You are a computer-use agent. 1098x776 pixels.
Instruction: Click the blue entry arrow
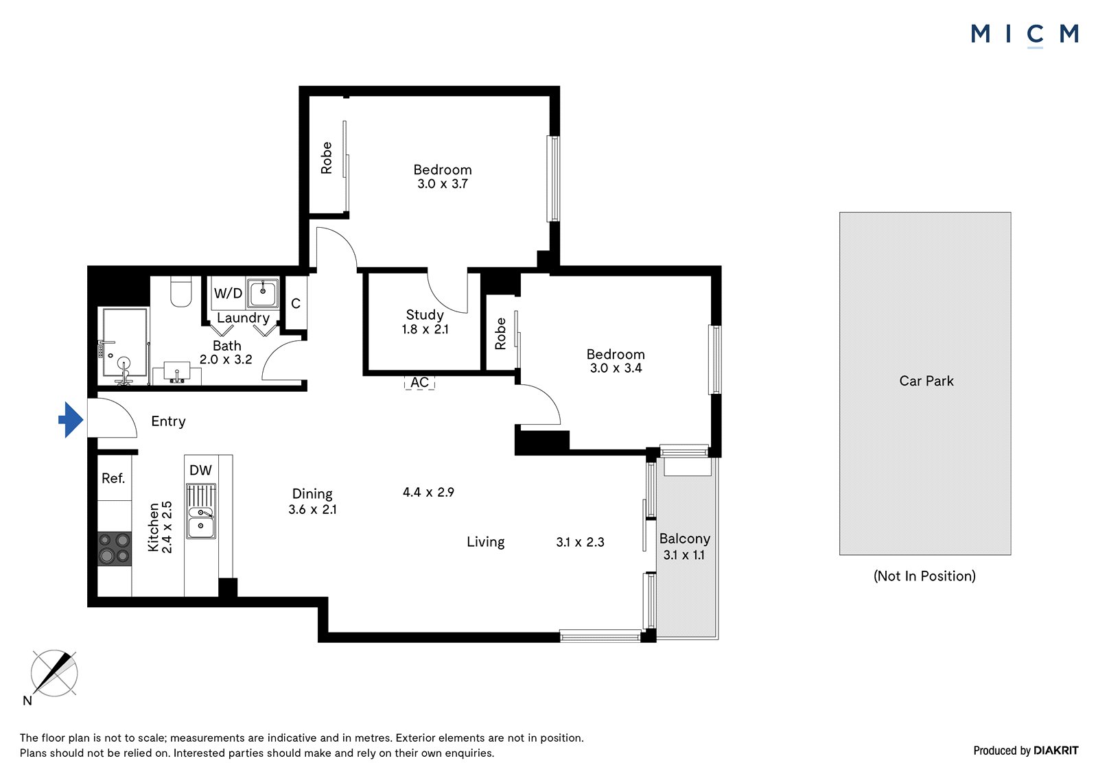(x=71, y=420)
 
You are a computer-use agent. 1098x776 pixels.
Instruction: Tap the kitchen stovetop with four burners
(x=114, y=548)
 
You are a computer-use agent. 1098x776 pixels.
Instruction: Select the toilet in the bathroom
(x=181, y=292)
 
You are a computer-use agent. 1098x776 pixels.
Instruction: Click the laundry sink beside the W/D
(x=263, y=293)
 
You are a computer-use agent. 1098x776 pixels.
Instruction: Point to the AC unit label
(x=419, y=382)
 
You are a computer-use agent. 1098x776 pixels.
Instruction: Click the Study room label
(x=425, y=315)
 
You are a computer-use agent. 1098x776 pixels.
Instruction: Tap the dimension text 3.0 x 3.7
(x=443, y=184)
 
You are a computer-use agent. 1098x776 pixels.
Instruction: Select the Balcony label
(x=685, y=539)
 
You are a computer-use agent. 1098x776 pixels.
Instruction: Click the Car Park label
(x=926, y=381)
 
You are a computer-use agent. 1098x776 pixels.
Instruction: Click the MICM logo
(x=1025, y=34)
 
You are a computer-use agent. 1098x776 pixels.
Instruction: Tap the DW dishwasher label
(x=200, y=470)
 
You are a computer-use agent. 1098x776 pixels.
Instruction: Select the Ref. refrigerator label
(x=113, y=478)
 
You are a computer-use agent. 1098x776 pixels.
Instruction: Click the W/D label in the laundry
(x=228, y=293)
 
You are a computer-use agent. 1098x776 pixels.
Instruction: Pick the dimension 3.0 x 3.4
(x=616, y=368)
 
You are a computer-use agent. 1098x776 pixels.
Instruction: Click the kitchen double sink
(x=201, y=510)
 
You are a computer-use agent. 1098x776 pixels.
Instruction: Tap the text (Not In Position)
(x=924, y=576)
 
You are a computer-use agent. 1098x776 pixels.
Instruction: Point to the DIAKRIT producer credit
(x=1056, y=751)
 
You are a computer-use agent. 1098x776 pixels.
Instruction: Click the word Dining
(x=312, y=493)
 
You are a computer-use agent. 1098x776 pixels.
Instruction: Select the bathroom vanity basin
(x=176, y=375)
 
